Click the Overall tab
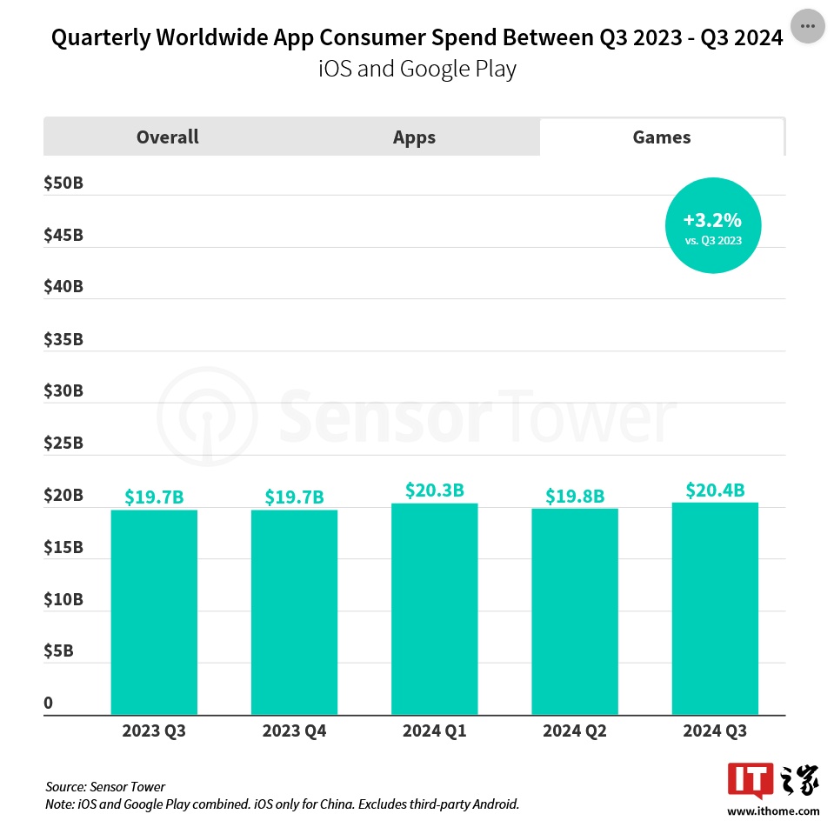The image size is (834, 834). coord(167,137)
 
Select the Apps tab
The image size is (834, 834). coord(414,137)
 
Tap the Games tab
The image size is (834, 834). coord(662,137)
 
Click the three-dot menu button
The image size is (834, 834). coord(807,26)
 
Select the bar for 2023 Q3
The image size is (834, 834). coord(154,612)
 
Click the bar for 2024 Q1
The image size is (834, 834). coord(434,609)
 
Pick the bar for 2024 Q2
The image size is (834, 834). coord(575,611)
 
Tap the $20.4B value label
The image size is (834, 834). coord(715,490)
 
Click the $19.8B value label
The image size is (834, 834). coord(575,497)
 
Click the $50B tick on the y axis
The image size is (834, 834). coord(63,184)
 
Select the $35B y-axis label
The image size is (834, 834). coord(63,339)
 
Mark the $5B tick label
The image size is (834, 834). coord(59,651)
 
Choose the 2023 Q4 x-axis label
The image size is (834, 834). coord(294,731)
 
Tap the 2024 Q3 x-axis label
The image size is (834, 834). coord(715,731)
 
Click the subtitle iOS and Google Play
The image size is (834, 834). coord(417,69)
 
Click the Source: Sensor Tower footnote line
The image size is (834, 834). coord(105,787)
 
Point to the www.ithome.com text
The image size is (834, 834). coord(773,811)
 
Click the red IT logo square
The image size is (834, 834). coord(748,780)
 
